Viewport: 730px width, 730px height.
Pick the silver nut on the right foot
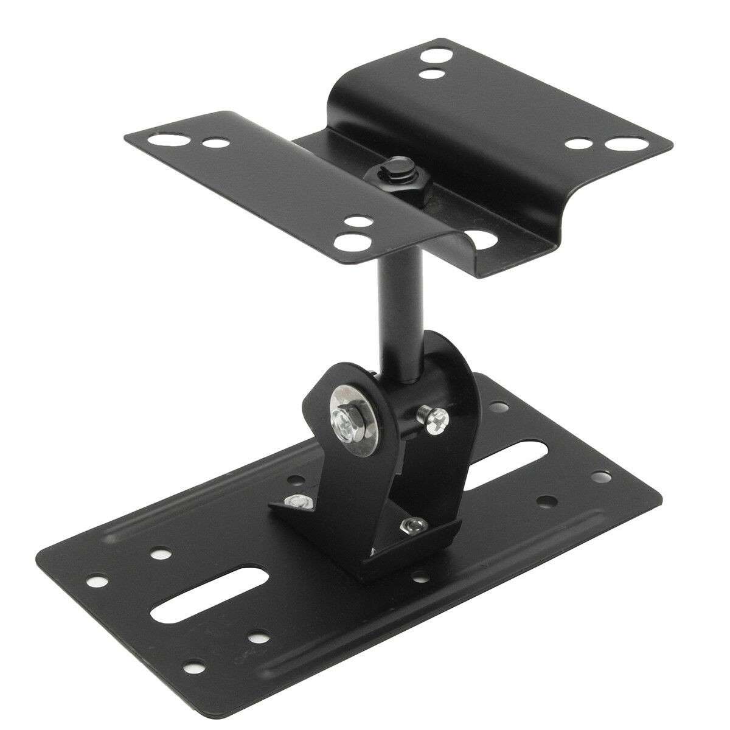[x=416, y=524]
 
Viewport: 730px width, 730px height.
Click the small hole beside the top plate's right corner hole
[x=578, y=144]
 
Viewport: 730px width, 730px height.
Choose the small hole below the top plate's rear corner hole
[x=433, y=75]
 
